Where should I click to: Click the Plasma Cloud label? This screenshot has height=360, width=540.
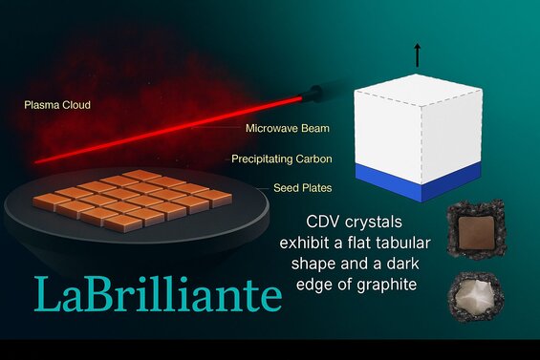[57, 105]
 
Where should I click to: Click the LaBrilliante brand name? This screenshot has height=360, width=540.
[158, 295]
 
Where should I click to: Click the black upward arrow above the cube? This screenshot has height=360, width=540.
[417, 56]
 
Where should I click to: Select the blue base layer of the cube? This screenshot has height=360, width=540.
[417, 181]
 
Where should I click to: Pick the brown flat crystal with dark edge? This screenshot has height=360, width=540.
[475, 230]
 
